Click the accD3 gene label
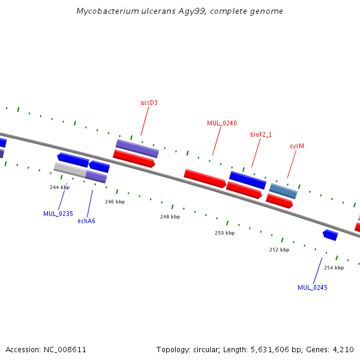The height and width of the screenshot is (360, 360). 149,103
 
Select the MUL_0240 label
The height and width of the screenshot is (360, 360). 222,123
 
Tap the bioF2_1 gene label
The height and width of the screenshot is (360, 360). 261,134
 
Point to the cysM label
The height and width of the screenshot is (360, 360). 297,146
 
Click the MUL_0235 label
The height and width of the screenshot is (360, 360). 58,214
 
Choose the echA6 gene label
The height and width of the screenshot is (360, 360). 86,221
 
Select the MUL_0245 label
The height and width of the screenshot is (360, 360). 313,287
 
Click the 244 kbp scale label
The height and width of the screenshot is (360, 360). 59,187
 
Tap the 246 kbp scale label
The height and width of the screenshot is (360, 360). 115,202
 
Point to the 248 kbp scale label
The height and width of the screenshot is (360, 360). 170,217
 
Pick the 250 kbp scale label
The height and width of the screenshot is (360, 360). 225,233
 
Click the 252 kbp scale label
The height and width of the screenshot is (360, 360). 280,250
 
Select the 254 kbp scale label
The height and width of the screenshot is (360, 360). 334,268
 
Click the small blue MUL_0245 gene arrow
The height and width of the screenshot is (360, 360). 331,235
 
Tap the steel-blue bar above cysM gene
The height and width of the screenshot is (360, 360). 283,191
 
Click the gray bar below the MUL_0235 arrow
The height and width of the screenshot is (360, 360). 70,170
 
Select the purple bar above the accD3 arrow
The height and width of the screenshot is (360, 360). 137,149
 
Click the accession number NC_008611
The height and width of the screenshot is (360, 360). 65,350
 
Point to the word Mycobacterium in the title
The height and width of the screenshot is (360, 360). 107,11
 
